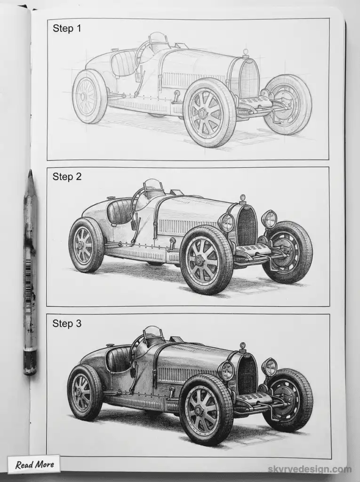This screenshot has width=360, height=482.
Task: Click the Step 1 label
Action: point(67,29)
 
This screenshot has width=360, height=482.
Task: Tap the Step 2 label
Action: point(67,177)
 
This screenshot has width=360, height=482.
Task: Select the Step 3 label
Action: point(67,323)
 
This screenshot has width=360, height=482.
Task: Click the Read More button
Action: point(34,465)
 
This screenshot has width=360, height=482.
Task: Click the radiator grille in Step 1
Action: point(248,79)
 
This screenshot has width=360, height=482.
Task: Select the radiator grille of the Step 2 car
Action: point(246,225)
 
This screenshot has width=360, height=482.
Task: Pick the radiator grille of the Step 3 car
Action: point(246,374)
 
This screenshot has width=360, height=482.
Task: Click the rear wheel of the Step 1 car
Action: point(89,96)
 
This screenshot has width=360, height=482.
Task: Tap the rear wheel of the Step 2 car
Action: point(86,245)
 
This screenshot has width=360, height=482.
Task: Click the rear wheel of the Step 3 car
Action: point(85,392)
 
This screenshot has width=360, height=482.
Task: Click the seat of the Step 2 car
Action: point(120,211)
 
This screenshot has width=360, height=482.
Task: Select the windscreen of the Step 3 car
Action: point(153,333)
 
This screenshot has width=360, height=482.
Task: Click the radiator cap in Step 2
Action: point(243,199)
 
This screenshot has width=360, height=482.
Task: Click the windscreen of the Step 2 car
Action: point(153,185)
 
